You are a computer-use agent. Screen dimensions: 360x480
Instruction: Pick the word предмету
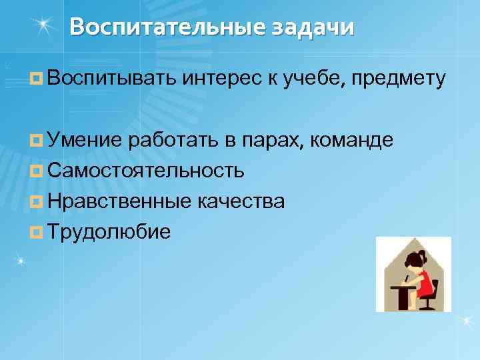click(401, 80)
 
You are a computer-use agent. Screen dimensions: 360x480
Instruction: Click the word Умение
click(84, 140)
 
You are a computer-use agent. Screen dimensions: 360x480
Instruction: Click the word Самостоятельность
click(145, 171)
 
